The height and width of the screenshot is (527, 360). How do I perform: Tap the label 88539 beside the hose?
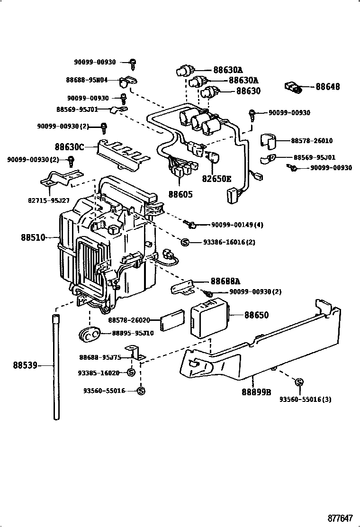(25, 365)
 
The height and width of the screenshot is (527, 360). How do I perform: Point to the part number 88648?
(328, 87)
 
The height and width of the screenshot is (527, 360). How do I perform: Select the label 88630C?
(69, 147)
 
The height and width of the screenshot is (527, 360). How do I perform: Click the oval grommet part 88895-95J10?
(89, 334)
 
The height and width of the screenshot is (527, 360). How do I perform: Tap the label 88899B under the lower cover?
(256, 392)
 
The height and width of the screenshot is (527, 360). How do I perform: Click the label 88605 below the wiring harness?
(180, 194)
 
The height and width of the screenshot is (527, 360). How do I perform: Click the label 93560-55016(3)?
(305, 399)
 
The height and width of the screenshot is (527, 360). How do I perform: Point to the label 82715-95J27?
(50, 200)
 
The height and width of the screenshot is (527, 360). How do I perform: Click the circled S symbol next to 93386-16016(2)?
(185, 242)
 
